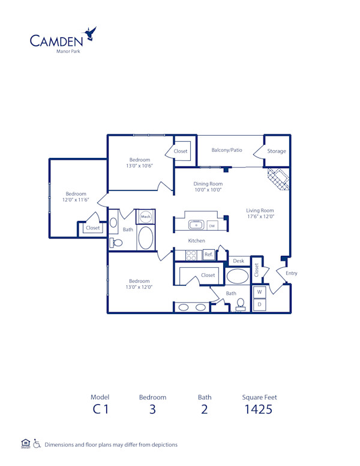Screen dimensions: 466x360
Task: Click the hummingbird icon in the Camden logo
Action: (91, 34)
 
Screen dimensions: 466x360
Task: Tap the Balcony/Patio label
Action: (227, 150)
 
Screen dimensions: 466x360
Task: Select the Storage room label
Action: (277, 151)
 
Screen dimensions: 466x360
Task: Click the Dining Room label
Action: (208, 184)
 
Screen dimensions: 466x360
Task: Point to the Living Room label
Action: (260, 211)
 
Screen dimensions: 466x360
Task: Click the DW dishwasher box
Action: (212, 226)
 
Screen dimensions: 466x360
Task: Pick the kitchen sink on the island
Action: (196, 225)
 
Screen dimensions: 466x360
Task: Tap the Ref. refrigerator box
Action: (209, 255)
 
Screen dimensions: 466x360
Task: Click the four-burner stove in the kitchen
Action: (192, 255)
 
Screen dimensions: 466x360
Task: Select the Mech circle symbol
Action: (145, 216)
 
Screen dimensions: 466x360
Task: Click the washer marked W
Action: (260, 292)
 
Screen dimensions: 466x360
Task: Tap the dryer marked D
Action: (260, 304)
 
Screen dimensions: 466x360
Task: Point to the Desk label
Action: (238, 261)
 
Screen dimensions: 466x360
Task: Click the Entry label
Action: (291, 273)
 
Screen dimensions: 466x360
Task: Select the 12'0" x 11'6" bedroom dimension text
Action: (76, 200)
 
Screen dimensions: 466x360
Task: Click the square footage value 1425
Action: (259, 410)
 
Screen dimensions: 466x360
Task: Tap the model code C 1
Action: (100, 410)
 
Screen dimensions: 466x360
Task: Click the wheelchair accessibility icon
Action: (37, 444)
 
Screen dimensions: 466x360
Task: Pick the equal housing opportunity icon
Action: (25, 444)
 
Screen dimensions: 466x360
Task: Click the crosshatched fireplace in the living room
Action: (278, 178)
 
